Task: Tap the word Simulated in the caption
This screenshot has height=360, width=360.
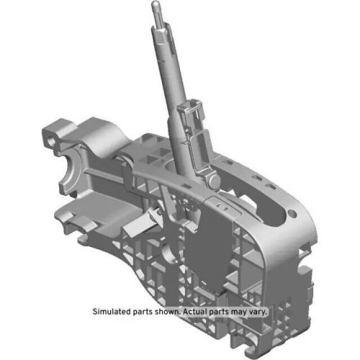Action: click(x=114, y=312)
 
